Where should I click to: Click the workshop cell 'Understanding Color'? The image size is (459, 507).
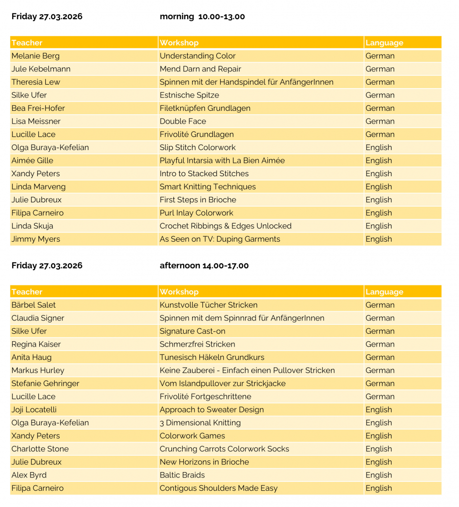(197, 56)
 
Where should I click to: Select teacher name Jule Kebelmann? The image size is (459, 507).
(41, 69)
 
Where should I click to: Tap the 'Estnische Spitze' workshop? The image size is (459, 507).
(189, 95)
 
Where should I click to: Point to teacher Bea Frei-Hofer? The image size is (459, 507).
(38, 108)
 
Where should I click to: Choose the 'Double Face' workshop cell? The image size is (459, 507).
(183, 121)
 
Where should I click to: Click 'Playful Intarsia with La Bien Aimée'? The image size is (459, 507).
(222, 160)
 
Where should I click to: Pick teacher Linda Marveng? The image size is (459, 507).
(38, 187)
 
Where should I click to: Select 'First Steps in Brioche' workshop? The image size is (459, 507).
(197, 200)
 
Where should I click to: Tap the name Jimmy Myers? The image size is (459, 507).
(35, 239)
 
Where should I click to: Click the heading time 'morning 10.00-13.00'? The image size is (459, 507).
(202, 17)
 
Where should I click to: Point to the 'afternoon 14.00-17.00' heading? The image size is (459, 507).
(204, 266)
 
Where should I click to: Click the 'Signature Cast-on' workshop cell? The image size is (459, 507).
(192, 331)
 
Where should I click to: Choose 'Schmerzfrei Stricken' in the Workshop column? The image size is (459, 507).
(197, 344)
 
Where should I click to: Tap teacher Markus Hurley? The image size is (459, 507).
(38, 370)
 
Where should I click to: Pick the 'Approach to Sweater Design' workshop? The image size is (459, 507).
(211, 410)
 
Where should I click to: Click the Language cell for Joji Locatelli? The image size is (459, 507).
(379, 410)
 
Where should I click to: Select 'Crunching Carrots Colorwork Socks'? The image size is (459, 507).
(224, 449)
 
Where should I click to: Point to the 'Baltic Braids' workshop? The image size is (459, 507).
(182, 475)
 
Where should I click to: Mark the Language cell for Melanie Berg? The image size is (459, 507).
(380, 56)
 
